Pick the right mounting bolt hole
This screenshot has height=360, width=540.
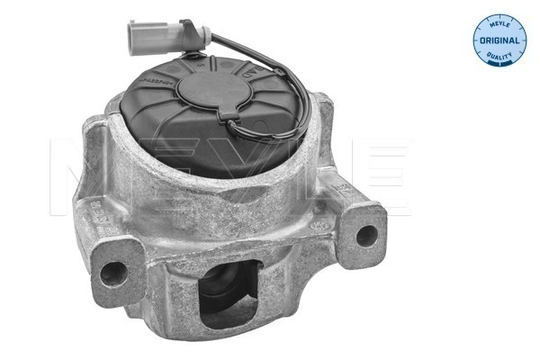coord(365,236)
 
